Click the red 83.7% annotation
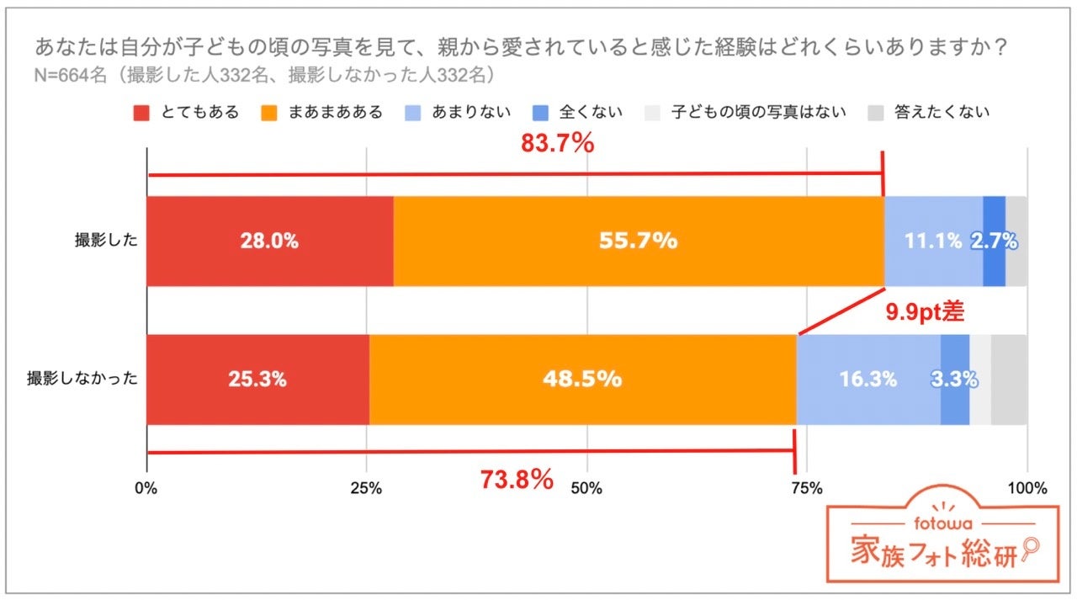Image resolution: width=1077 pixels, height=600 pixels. coord(557,144)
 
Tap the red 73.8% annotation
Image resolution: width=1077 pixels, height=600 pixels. coord(517,480)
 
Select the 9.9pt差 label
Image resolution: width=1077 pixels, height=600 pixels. coord(924,313)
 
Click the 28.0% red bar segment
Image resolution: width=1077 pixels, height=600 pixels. coord(269,242)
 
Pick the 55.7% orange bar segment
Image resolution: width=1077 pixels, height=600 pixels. coord(638,242)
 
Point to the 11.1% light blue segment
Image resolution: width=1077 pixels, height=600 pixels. coord(932,242)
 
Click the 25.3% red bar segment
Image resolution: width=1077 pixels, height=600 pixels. coord(257,380)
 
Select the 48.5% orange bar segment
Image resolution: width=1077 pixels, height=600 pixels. coord(582,380)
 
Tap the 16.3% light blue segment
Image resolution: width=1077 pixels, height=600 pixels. coord(867,380)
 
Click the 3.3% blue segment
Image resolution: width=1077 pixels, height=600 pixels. coord(954,380)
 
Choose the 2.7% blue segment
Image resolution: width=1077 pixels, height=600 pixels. coord(994,242)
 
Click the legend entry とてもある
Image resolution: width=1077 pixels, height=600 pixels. coord(188,112)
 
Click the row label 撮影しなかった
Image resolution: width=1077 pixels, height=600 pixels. coord(82,380)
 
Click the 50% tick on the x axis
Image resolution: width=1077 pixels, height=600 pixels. coord(586,488)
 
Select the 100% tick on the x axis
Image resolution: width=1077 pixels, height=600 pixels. coord(1027,488)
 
